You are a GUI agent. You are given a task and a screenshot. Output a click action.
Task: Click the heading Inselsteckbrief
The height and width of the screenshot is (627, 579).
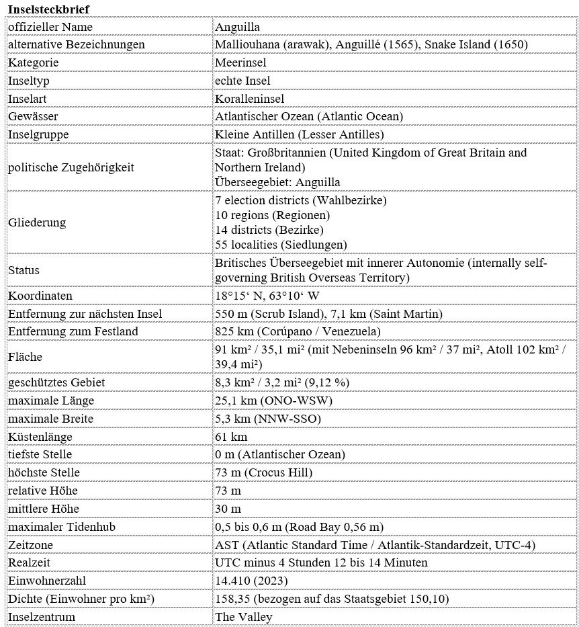coord(48,8)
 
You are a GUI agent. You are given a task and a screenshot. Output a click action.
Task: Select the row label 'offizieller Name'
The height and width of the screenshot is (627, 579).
coord(50,27)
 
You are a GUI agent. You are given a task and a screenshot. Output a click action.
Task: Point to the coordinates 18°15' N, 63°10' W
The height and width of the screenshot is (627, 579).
coord(267,296)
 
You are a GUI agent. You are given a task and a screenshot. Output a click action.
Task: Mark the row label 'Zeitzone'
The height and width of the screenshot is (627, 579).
coord(30,544)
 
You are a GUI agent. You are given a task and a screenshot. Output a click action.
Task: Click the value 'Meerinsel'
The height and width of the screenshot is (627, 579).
coord(240,62)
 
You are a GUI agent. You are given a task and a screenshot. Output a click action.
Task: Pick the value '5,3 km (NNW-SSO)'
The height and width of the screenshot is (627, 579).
coord(267,419)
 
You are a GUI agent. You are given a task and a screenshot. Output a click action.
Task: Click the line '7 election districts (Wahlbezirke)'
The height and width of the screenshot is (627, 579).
coord(300,200)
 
